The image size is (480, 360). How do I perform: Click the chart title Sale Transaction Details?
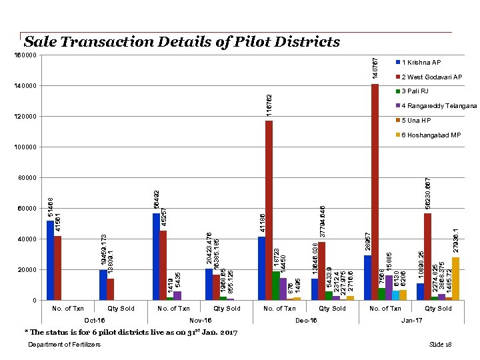tap(181, 42)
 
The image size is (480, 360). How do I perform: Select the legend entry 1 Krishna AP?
tap(421, 63)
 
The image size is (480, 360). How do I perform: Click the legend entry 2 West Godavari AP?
tap(431, 77)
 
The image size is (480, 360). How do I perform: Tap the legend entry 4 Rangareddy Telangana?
tap(439, 106)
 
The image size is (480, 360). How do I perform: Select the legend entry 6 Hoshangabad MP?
tap(431, 135)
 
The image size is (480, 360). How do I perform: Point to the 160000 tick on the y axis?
tap(26, 55)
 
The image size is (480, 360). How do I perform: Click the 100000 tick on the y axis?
tap(26, 147)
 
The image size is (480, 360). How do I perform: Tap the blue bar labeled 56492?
tap(156, 257)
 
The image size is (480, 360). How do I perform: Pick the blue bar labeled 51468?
tap(50, 260)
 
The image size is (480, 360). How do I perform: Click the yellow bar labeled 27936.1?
tap(455, 279)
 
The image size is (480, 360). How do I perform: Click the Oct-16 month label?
tap(95, 321)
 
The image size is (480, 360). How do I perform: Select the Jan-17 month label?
tap(411, 321)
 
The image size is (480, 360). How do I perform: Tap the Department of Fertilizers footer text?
tap(65, 344)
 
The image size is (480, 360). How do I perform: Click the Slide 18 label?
tap(441, 344)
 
